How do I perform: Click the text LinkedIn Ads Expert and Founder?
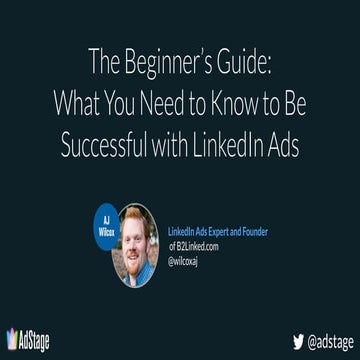(x=217, y=232)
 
